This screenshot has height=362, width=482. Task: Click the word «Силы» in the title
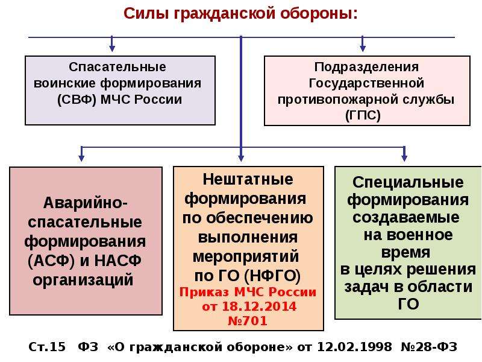pyautogui.click(x=146, y=14)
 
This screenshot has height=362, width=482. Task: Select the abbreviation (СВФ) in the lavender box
pyautogui.click(x=77, y=100)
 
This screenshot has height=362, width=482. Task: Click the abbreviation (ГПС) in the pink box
pyautogui.click(x=363, y=115)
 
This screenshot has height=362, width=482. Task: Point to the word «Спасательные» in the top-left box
pyautogui.click(x=117, y=67)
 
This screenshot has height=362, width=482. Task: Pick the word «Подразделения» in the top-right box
pyautogui.click(x=366, y=67)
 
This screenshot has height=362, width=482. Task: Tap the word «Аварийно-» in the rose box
pyautogui.click(x=85, y=203)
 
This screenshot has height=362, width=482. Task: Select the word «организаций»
pyautogui.click(x=83, y=280)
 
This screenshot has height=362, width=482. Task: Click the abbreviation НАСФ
pyautogui.click(x=117, y=261)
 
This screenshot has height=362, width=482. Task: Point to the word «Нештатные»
pyautogui.click(x=248, y=179)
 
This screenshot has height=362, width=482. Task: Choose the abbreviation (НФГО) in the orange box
pyautogui.click(x=272, y=276)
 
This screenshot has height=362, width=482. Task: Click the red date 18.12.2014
pyautogui.click(x=259, y=306)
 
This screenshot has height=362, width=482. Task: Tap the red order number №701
pyautogui.click(x=248, y=321)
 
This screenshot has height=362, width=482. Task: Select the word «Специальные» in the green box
pyautogui.click(x=408, y=182)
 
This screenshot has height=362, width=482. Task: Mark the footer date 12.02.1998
pyautogui.click(x=354, y=347)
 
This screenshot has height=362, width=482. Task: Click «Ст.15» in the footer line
pyautogui.click(x=47, y=347)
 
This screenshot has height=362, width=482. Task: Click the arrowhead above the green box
pyautogui.click(x=404, y=158)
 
